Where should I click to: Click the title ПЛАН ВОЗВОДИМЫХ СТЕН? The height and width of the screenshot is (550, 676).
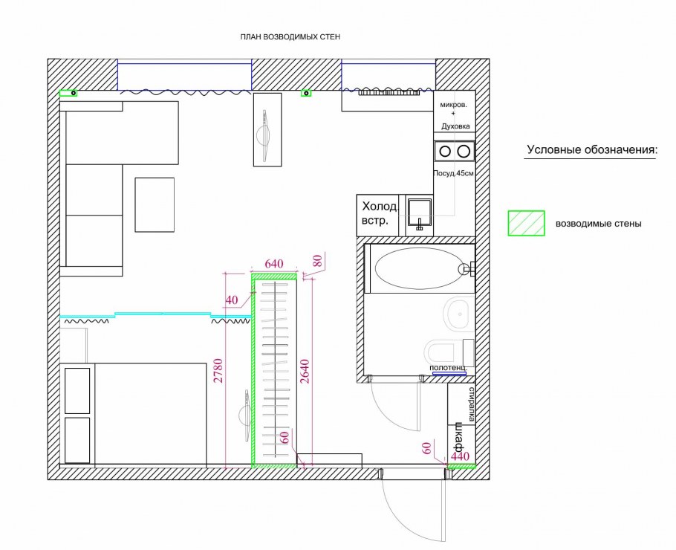coord(290,37)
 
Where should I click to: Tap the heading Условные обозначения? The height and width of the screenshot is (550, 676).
coord(592,150)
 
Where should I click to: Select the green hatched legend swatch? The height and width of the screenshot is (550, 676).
coord(526,223)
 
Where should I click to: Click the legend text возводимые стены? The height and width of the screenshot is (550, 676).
coord(599,224)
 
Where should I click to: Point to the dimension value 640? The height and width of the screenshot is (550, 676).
coord(274,264)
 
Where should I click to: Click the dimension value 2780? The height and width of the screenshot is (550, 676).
coord(218,371)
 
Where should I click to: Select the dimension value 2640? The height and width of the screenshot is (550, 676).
coord(305,371)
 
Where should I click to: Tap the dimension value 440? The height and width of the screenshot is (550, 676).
coord(460,456)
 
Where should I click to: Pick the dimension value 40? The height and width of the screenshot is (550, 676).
coord(232,300)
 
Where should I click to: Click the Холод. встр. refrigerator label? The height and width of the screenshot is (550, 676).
coord(380,213)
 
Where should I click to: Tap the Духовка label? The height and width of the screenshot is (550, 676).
coord(455,126)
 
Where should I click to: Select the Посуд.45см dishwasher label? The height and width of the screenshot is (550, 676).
coord(454,173)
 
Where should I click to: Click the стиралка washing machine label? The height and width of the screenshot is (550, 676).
coord(472,404)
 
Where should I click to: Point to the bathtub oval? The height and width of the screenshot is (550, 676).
coord(419,268)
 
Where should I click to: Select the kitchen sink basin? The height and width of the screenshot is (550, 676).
coord(420,212)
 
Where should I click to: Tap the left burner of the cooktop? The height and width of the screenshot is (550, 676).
coord(446,152)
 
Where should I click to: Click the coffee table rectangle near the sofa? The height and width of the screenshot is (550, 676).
coord(155,204)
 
